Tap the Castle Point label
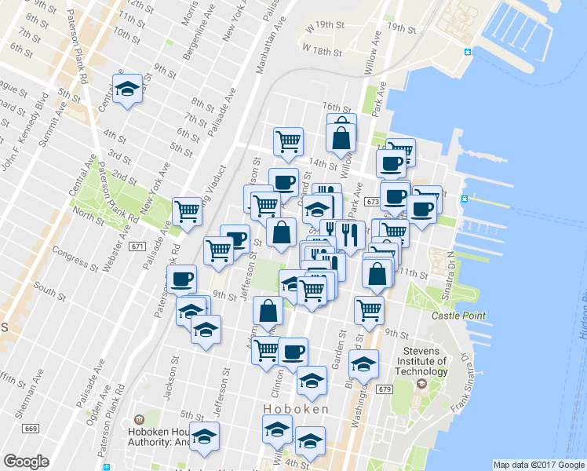pos(459,316)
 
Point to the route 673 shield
pos(372,202)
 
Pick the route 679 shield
pos(384,389)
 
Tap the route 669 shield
pos(31,429)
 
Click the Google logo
pos(26,462)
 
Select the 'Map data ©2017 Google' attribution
pos(539,465)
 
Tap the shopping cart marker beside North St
pos(187,210)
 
